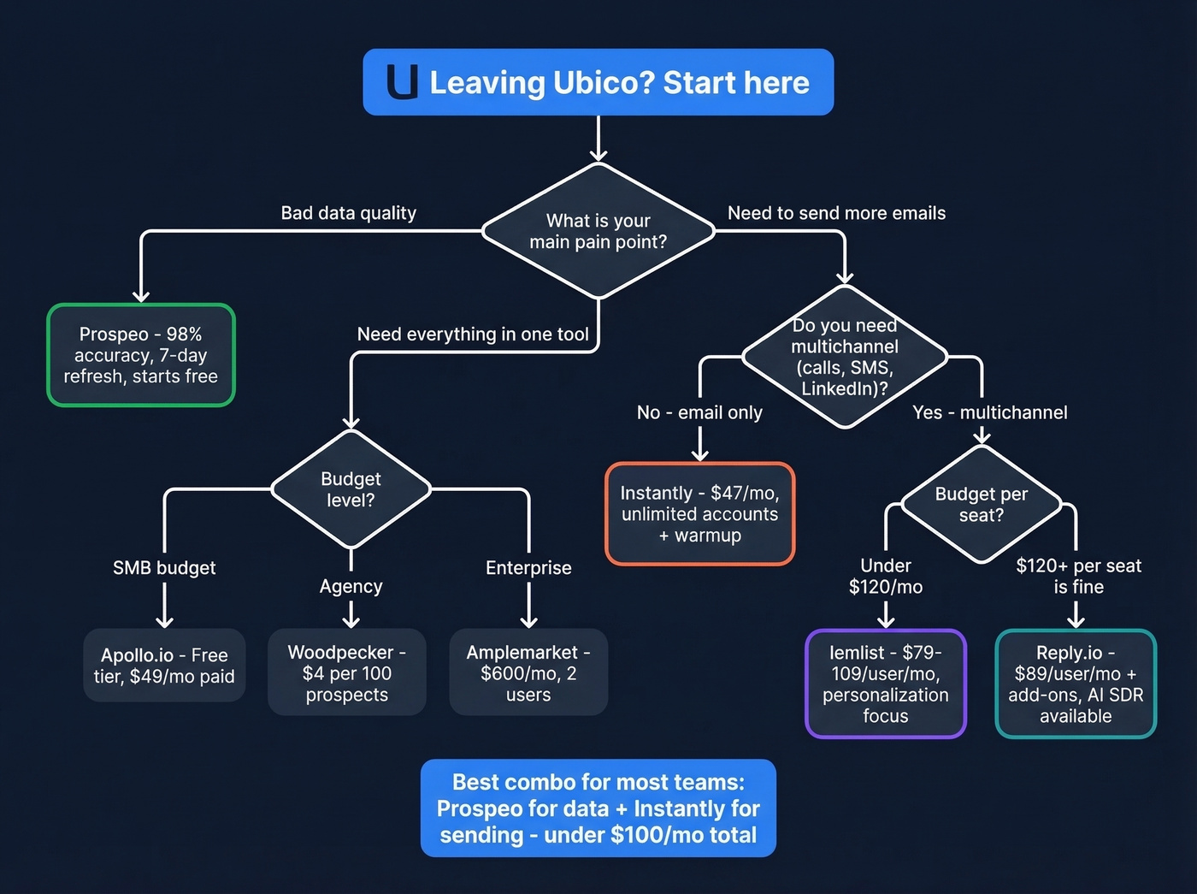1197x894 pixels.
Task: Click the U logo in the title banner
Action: [403, 82]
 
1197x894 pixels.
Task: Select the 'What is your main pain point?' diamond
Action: [598, 231]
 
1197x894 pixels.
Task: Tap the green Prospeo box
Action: [141, 355]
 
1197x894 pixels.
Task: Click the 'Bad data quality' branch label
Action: [349, 213]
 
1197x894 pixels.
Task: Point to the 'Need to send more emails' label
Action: [836, 213]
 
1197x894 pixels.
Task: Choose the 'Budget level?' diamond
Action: [351, 489]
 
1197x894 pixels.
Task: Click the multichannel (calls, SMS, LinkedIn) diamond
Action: [845, 357]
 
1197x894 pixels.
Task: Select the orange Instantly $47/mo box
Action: [700, 514]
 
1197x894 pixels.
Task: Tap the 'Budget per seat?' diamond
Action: [981, 505]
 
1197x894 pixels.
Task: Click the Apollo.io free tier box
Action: [164, 666]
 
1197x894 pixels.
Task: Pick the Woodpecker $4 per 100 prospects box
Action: [347, 673]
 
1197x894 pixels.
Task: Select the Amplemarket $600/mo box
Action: [528, 673]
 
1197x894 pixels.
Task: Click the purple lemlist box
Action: [886, 684]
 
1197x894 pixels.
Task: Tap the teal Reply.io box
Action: [1076, 684]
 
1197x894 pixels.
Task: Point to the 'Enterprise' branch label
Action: [528, 568]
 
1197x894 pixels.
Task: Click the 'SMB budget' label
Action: [164, 568]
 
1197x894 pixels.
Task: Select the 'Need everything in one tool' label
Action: [473, 335]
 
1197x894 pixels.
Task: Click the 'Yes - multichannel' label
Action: [989, 412]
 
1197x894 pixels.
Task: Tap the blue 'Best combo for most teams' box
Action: [598, 808]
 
